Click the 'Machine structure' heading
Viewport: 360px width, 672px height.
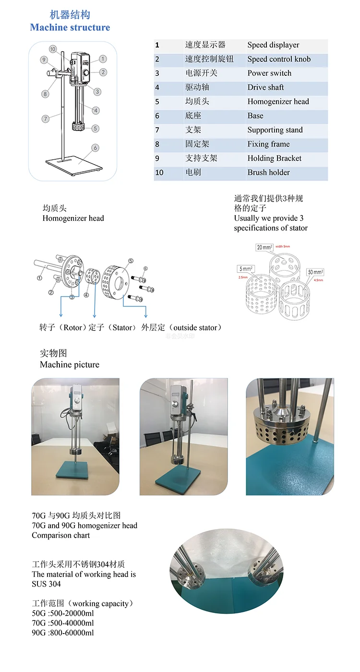click(x=70, y=27)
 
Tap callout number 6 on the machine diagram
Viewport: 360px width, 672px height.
click(x=95, y=148)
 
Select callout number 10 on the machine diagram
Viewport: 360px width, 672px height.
click(x=53, y=49)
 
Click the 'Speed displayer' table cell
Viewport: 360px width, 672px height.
click(x=273, y=45)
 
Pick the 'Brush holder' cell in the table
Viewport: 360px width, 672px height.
click(x=268, y=172)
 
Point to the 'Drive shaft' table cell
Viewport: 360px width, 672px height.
click(x=265, y=87)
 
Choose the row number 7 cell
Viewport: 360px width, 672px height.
click(x=157, y=130)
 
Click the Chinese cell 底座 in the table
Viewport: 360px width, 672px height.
click(x=193, y=116)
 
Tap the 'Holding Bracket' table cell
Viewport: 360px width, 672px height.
click(x=274, y=158)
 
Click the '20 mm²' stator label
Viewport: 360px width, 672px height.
click(x=264, y=248)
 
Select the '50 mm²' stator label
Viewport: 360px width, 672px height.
click(x=315, y=272)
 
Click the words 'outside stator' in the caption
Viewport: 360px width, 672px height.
click(x=195, y=328)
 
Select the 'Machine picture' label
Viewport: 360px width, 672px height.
click(x=70, y=365)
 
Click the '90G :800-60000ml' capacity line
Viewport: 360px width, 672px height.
click(x=63, y=633)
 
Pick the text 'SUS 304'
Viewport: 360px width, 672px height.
click(x=47, y=584)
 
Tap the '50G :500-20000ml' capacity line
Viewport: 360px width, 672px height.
click(x=63, y=613)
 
